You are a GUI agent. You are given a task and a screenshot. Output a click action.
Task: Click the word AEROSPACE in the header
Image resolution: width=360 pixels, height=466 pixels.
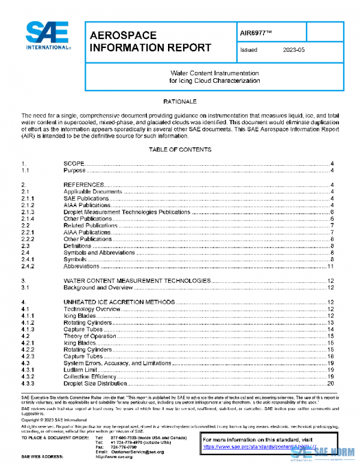pos(123,35)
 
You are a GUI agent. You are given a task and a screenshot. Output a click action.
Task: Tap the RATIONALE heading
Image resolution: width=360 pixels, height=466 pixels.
pos(179,102)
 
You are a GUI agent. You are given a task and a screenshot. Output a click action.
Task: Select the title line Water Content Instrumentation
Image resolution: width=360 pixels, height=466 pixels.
pos(214,72)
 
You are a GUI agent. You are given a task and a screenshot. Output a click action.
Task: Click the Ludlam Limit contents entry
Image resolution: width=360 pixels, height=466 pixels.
pos(83,369)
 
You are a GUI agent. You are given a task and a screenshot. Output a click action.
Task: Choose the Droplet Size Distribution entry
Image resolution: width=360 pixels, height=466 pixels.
pos(95,383)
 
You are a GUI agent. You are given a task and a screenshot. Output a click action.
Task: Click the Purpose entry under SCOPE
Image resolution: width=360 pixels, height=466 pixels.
pos(75,171)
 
